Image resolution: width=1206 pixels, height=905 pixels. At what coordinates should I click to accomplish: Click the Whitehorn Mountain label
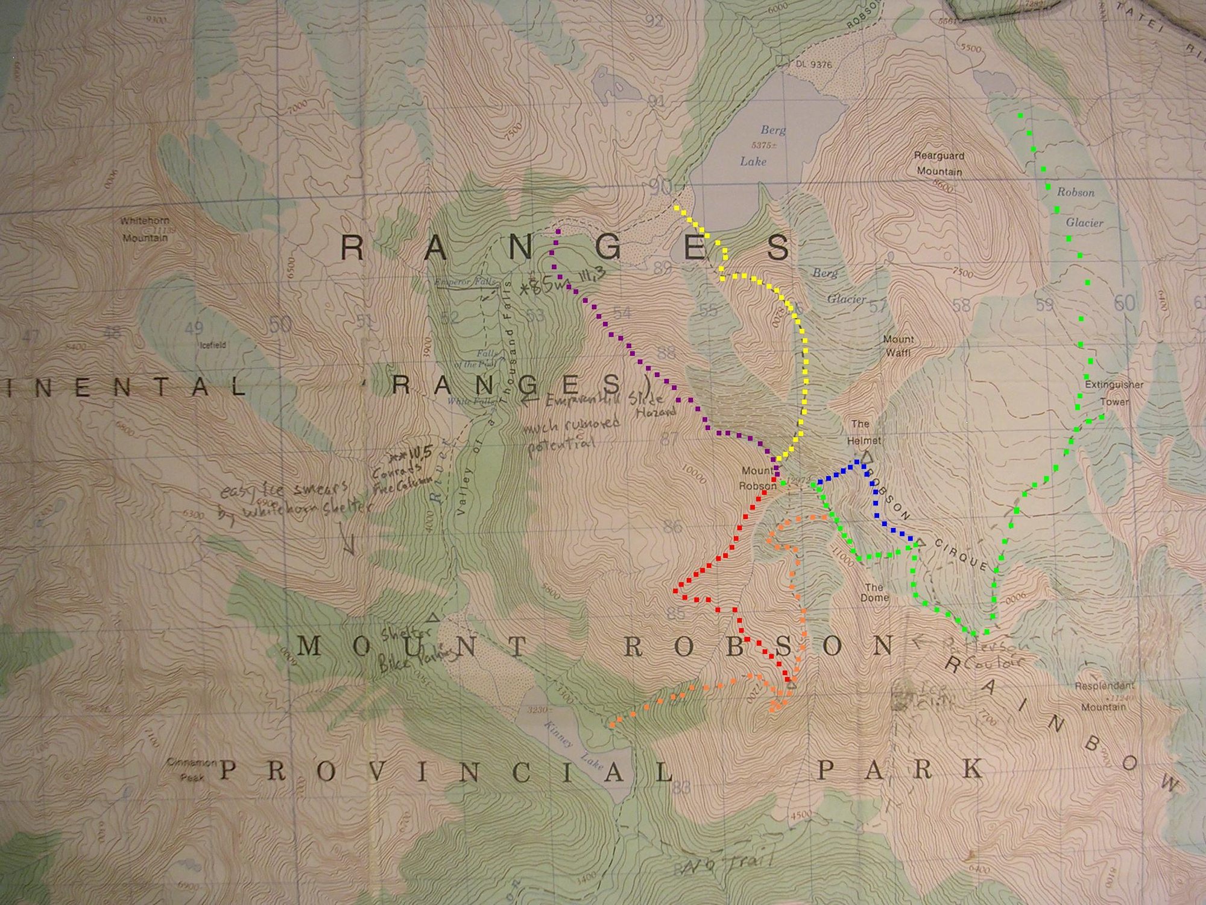[145, 229]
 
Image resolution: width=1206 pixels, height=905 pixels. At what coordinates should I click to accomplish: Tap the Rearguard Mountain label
[939, 164]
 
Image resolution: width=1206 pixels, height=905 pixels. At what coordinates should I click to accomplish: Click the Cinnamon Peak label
[192, 769]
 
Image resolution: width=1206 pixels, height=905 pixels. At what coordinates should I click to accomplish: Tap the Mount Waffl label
[898, 346]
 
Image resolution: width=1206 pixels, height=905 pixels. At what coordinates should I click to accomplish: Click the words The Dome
[874, 592]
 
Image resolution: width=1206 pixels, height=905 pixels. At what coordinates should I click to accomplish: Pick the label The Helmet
[863, 432]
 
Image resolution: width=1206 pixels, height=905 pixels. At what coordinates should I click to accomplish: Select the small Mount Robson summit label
[758, 478]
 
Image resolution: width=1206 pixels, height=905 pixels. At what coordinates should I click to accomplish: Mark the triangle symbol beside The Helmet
[868, 458]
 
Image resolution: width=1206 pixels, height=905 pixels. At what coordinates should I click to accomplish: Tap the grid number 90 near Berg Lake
[661, 188]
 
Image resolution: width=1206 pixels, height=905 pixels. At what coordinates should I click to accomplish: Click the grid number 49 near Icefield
[194, 329]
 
